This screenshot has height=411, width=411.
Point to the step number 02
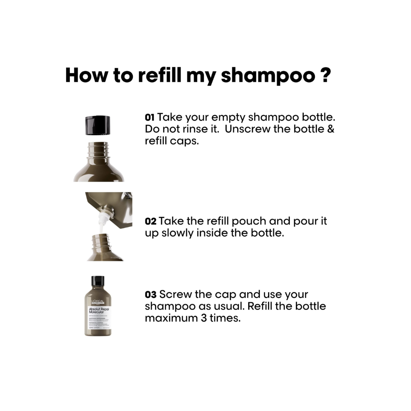click(150, 221)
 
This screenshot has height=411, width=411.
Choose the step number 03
click(150, 295)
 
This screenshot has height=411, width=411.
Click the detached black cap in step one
click(97, 125)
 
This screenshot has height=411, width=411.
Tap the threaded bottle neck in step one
click(99, 150)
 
